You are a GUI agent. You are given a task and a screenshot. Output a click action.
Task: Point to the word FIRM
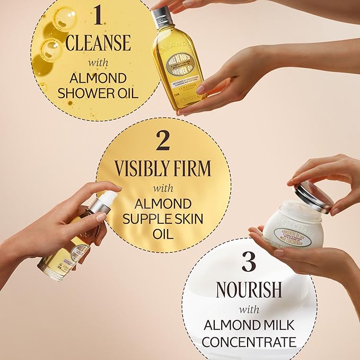(195, 169)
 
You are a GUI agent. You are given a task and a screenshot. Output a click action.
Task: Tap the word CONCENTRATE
(248, 341)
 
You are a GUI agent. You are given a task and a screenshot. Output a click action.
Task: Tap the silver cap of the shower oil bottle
(161, 17)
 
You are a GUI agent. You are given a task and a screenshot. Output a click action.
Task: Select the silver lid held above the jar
(313, 196)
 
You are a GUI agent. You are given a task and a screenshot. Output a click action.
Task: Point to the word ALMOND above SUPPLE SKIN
(163, 203)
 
